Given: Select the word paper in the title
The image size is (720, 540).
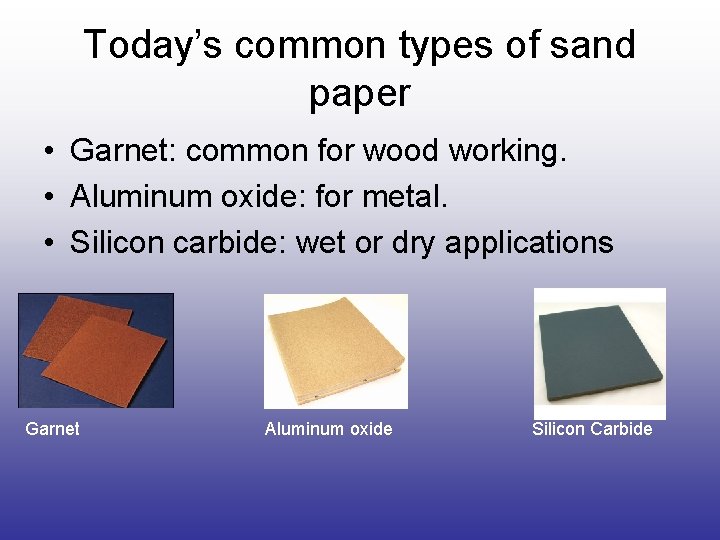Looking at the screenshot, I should pyautogui.click(x=359, y=93).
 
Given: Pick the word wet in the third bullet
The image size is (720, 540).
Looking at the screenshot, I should pyautogui.click(x=321, y=242).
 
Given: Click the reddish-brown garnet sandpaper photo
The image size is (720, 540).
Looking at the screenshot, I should pyautogui.click(x=96, y=350).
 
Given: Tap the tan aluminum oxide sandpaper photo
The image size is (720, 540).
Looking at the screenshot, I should pyautogui.click(x=335, y=351).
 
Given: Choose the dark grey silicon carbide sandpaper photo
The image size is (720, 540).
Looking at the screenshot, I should pyautogui.click(x=599, y=353).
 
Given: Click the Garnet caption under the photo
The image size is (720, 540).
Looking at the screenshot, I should pyautogui.click(x=52, y=429).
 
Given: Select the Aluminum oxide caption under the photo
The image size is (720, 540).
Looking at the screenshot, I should pyautogui.click(x=328, y=429).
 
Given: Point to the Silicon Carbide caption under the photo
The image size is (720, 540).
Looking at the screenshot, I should pyautogui.click(x=592, y=429).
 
